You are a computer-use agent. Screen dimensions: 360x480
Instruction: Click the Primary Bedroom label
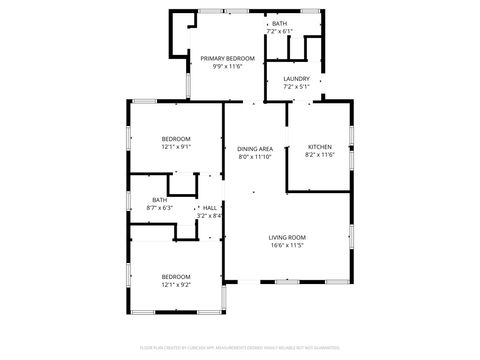[x=228, y=59]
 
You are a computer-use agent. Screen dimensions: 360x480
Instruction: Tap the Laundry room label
[x=296, y=79]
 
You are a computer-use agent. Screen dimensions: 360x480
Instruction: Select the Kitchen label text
[x=319, y=146]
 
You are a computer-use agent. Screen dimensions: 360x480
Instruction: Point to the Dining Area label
[x=255, y=149]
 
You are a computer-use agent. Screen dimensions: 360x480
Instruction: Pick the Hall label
[x=210, y=208]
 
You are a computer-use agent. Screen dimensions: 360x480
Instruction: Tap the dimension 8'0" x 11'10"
[x=255, y=157]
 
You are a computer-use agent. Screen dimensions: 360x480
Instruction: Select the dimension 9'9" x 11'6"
[x=228, y=67]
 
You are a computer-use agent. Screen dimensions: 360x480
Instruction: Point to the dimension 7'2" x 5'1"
[x=296, y=87]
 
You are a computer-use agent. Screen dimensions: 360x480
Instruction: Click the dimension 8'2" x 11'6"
[x=319, y=154]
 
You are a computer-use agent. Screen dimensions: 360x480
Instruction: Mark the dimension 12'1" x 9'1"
[x=176, y=146]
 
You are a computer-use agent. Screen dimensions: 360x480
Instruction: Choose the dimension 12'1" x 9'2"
[x=176, y=284]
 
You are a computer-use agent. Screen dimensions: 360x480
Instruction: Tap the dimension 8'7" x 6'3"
[x=160, y=208]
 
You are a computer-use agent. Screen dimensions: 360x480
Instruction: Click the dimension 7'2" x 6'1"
[x=279, y=32]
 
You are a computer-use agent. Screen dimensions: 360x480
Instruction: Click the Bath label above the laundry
[x=279, y=24]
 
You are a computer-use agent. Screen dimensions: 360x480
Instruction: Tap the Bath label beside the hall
[x=160, y=200]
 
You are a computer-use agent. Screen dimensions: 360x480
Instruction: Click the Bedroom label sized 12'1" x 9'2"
[x=176, y=276]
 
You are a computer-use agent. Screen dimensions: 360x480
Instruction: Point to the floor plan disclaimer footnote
[x=240, y=349]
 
